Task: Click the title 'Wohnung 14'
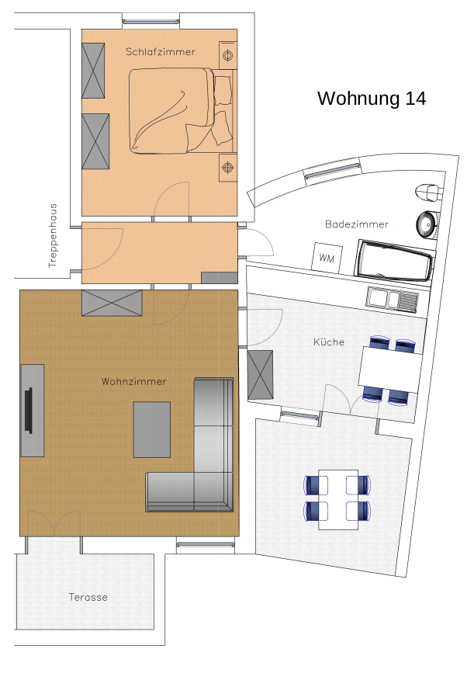click(x=372, y=99)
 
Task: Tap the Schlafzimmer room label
click(x=161, y=51)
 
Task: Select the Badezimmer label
click(x=357, y=224)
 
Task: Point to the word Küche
click(x=329, y=342)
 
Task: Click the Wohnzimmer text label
click(x=134, y=381)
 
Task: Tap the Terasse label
click(x=88, y=597)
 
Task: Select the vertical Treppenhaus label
click(x=53, y=236)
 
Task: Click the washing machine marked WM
click(x=327, y=258)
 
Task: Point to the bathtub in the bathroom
click(x=395, y=262)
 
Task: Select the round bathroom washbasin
click(x=427, y=224)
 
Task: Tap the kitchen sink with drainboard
click(x=392, y=299)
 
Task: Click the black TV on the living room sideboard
click(x=29, y=411)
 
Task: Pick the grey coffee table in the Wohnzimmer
click(x=152, y=429)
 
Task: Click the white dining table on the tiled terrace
click(x=338, y=500)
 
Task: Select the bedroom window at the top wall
click(x=151, y=21)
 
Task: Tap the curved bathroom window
click(x=332, y=171)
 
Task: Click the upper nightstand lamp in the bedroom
click(x=228, y=55)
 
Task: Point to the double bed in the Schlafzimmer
click(x=181, y=110)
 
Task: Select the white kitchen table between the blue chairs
click(x=390, y=369)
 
